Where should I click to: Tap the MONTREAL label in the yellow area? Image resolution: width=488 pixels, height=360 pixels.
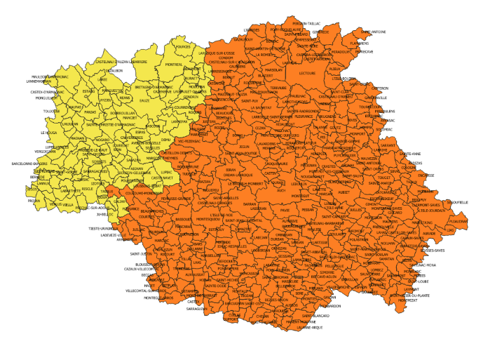(x=174, y=65)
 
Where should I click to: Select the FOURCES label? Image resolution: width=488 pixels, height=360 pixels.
(x=183, y=47)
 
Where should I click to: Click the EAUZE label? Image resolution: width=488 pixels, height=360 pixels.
(x=144, y=100)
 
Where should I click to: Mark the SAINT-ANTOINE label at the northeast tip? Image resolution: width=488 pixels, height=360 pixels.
(x=374, y=31)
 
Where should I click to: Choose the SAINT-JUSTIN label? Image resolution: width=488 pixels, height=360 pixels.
(x=142, y=253)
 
